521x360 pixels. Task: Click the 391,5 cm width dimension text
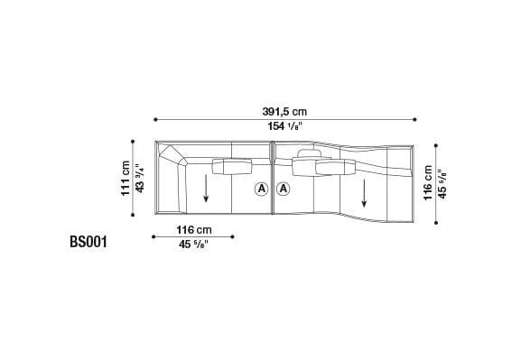point(284,111)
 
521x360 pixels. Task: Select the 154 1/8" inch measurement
point(285,128)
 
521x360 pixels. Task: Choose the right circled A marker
point(284,189)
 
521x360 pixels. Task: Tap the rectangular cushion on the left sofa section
point(232,165)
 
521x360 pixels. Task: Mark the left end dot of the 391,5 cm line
point(155,118)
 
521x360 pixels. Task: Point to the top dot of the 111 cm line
point(133,141)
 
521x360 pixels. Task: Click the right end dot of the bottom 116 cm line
point(233,238)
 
